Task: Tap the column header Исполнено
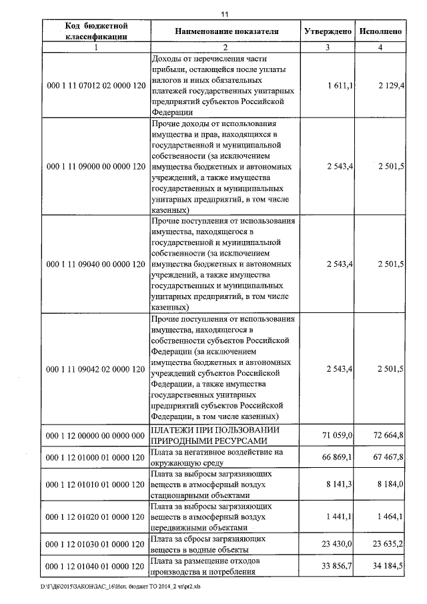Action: point(380,31)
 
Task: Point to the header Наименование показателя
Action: point(227,31)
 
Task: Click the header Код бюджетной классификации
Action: point(97,31)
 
